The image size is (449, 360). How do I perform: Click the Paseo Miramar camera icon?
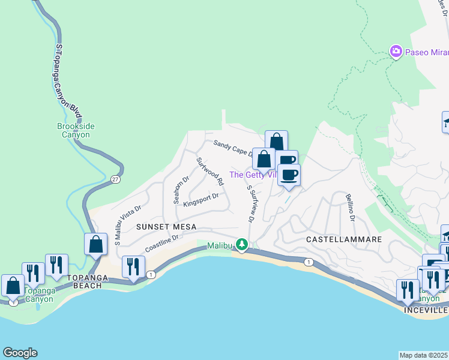pyautogui.click(x=396, y=52)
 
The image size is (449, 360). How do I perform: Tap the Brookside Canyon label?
pyautogui.click(x=76, y=130)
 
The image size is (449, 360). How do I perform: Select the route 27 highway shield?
pyautogui.click(x=114, y=179)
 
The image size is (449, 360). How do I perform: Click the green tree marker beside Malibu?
pyautogui.click(x=241, y=244)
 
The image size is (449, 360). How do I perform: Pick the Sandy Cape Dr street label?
pyautogui.click(x=233, y=148)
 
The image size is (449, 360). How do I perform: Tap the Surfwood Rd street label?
pyautogui.click(x=210, y=171)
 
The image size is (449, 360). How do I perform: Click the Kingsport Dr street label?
pyautogui.click(x=200, y=199)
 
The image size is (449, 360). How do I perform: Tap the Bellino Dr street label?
pyautogui.click(x=350, y=207)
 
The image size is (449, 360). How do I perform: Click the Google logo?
pyautogui.click(x=20, y=353)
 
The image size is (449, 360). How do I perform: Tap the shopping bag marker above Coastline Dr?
pyautogui.click(x=96, y=244)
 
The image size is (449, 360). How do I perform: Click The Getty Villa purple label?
pyautogui.click(x=252, y=175)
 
